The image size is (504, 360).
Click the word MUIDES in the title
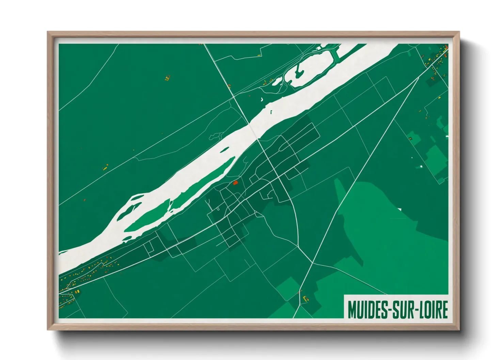pos(367,309)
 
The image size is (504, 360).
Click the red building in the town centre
pos(235,183)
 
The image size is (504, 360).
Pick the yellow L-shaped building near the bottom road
pos(305,299)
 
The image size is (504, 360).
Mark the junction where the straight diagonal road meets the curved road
pos(312,262)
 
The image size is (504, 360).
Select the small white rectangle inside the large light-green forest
pos(399,209)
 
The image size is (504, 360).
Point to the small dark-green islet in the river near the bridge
pos(271,112)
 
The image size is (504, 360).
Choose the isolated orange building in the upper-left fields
pos(167,78)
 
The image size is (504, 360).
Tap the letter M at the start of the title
pos(352,309)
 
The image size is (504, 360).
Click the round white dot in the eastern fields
pos(421,166)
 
